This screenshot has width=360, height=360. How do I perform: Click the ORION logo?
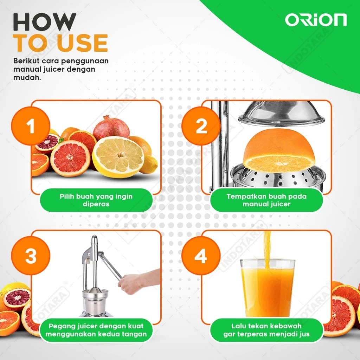pyautogui.click(x=316, y=20)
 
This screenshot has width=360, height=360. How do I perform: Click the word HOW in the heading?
pyautogui.click(x=44, y=22)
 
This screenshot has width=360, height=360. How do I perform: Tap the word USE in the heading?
pyautogui.click(x=82, y=43)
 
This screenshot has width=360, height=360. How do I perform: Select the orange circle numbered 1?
pyautogui.click(x=31, y=126)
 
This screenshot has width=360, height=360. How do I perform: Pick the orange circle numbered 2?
pyautogui.click(x=201, y=126)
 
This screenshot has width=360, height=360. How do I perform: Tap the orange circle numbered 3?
pyautogui.click(x=31, y=256)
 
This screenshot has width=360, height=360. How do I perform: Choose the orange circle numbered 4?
pyautogui.click(x=201, y=256)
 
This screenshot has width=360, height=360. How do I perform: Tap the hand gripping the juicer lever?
pyautogui.click(x=129, y=284)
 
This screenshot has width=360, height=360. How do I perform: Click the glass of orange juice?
pyautogui.click(x=268, y=288)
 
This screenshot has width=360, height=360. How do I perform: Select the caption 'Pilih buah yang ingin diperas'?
pyautogui.click(x=96, y=200)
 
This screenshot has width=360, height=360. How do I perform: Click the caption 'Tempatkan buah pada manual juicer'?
pyautogui.click(x=266, y=200)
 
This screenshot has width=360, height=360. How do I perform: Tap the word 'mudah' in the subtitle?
pyautogui.click(x=26, y=78)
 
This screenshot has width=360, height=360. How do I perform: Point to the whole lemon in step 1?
pyautogui.click(x=149, y=165)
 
